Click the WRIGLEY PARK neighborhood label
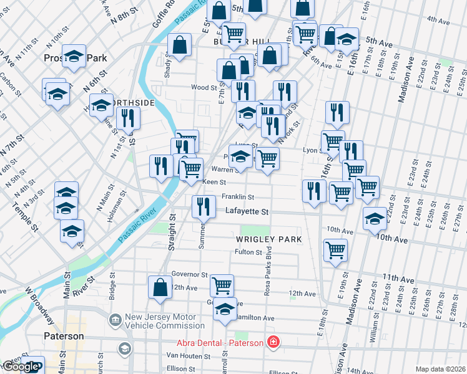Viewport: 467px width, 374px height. click(268, 239)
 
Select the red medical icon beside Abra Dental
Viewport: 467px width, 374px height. click(272, 342)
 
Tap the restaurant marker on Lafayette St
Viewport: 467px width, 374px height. click(203, 206)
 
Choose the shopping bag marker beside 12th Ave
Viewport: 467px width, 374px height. click(160, 287)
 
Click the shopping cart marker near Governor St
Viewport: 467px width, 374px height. click(222, 285)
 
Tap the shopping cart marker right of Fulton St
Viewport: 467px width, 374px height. click(336, 249)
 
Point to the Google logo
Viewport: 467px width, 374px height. click(21, 367)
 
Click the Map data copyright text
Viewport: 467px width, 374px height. click(440, 369)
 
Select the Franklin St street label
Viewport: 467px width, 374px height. click(237, 197)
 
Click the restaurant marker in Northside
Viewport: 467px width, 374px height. click(128, 117)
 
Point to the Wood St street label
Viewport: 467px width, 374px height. click(204, 88)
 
